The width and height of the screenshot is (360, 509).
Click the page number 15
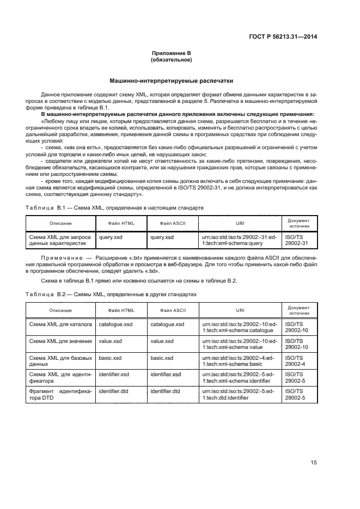[314, 462]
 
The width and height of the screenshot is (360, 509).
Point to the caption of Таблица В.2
[111, 293]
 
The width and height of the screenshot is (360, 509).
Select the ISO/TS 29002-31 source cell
[297, 241]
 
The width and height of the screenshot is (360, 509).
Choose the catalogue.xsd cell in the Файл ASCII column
[167, 324]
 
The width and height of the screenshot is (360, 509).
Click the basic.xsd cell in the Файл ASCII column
[162, 358]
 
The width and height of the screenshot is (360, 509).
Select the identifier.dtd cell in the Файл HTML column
[112, 391]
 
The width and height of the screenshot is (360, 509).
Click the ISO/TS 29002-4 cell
[297, 361]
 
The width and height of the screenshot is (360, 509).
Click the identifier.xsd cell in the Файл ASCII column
[166, 375]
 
